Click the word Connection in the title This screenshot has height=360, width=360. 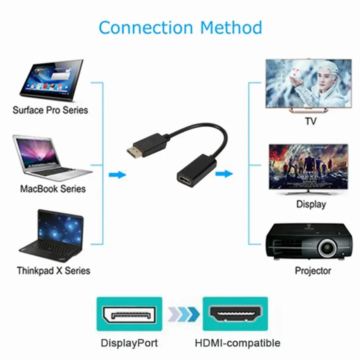[x=146, y=28]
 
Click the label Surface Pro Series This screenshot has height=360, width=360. [x=50, y=110]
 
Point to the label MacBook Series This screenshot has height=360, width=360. [x=53, y=189]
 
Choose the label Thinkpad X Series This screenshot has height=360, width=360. [x=54, y=270]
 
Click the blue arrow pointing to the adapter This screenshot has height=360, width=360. [x=117, y=175]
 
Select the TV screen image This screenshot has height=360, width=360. [x=308, y=83]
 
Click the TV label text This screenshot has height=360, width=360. [x=310, y=121]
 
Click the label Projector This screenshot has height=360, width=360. [x=313, y=270]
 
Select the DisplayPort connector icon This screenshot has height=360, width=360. [x=130, y=314]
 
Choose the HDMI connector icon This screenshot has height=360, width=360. [x=235, y=314]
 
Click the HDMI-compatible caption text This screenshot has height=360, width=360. [x=238, y=343]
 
